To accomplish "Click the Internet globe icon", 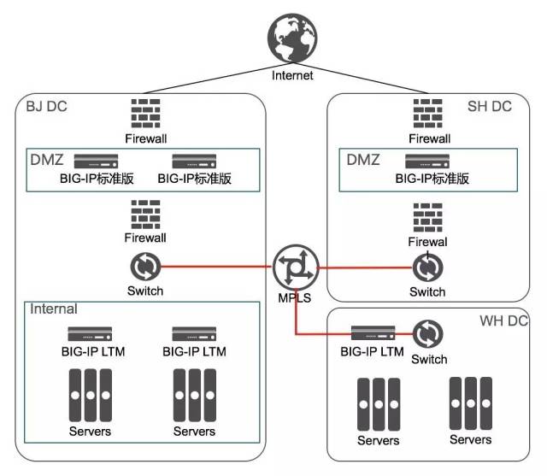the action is click(292, 38).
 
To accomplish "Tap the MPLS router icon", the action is click(296, 267).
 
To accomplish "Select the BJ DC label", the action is click(46, 106).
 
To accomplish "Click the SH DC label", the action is click(490, 106).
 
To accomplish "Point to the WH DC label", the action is click(503, 320).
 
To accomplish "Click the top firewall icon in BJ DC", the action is click(145, 114).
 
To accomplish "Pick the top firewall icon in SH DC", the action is click(427, 114).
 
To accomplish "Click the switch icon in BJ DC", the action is click(145, 267).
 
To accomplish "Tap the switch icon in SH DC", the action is click(427, 267).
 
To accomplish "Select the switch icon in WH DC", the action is click(427, 334).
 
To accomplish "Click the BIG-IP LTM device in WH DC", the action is click(373, 333).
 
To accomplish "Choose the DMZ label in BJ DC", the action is click(47, 160).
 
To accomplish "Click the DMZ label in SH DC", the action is click(363, 160).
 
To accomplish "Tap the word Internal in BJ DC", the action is click(54, 309).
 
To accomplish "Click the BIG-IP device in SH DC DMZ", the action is click(427, 162).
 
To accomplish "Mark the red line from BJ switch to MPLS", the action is click(216, 267).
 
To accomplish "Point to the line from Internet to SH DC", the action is click(361, 79).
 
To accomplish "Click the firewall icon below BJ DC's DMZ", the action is click(145, 214).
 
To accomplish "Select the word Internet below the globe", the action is click(292, 75).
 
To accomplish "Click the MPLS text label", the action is click(295, 298).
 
